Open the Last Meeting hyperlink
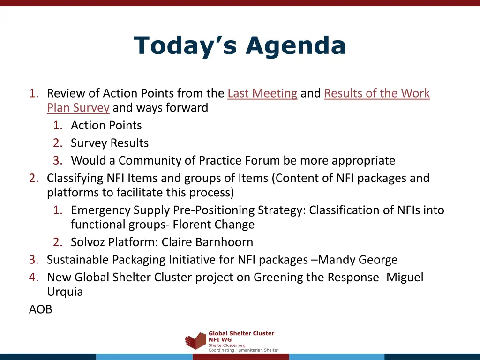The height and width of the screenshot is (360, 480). click(x=262, y=93)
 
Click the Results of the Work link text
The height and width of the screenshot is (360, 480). click(x=376, y=93)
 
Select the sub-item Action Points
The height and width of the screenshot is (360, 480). click(x=106, y=125)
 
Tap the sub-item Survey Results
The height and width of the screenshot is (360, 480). click(x=110, y=143)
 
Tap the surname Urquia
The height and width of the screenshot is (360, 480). click(x=65, y=292)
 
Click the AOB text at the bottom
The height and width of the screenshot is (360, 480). click(x=40, y=309)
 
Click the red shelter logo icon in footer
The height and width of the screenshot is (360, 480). click(x=195, y=341)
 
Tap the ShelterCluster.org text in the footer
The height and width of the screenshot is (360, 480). click(x=226, y=345)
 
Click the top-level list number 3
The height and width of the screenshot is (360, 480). click(x=33, y=260)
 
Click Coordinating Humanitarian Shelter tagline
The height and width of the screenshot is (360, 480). click(x=243, y=350)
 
